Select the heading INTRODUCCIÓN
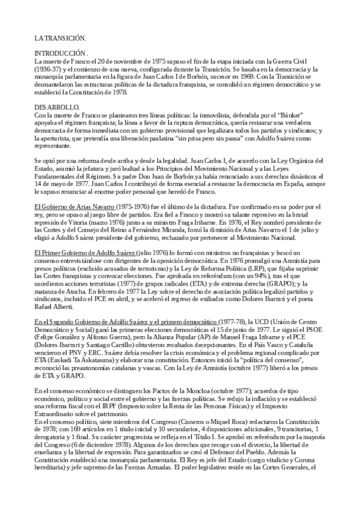(61, 53)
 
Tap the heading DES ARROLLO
(53, 106)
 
